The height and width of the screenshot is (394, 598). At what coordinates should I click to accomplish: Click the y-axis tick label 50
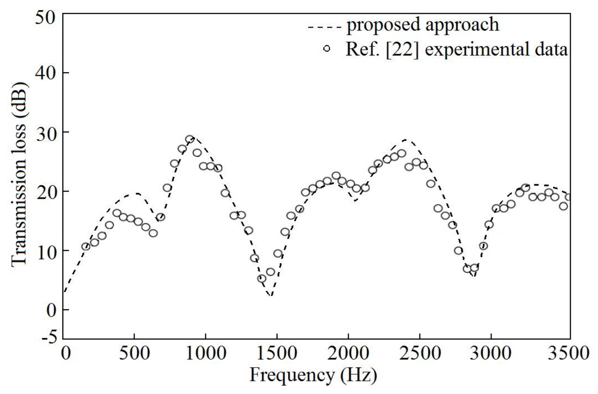tap(45, 18)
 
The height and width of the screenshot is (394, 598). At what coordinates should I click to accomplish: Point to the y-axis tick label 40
tap(45, 73)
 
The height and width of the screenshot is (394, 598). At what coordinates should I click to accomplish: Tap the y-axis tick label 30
tap(45, 133)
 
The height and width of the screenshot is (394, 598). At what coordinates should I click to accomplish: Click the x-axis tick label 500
tap(134, 353)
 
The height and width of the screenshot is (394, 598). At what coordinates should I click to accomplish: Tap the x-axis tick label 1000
tap(205, 353)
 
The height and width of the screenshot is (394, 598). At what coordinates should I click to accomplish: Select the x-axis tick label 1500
tap(277, 353)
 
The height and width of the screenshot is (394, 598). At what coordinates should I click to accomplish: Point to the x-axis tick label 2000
tap(348, 353)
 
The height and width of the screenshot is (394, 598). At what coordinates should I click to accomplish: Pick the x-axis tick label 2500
tap(420, 353)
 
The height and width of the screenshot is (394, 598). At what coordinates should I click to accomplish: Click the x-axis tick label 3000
tap(491, 353)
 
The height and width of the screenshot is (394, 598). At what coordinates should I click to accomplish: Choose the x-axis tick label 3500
tap(568, 353)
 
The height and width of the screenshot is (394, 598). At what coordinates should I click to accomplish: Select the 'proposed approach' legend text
tap(423, 25)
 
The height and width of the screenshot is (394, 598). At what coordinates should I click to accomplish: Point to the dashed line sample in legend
tap(325, 27)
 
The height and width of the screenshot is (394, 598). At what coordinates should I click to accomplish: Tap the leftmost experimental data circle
tap(86, 246)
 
